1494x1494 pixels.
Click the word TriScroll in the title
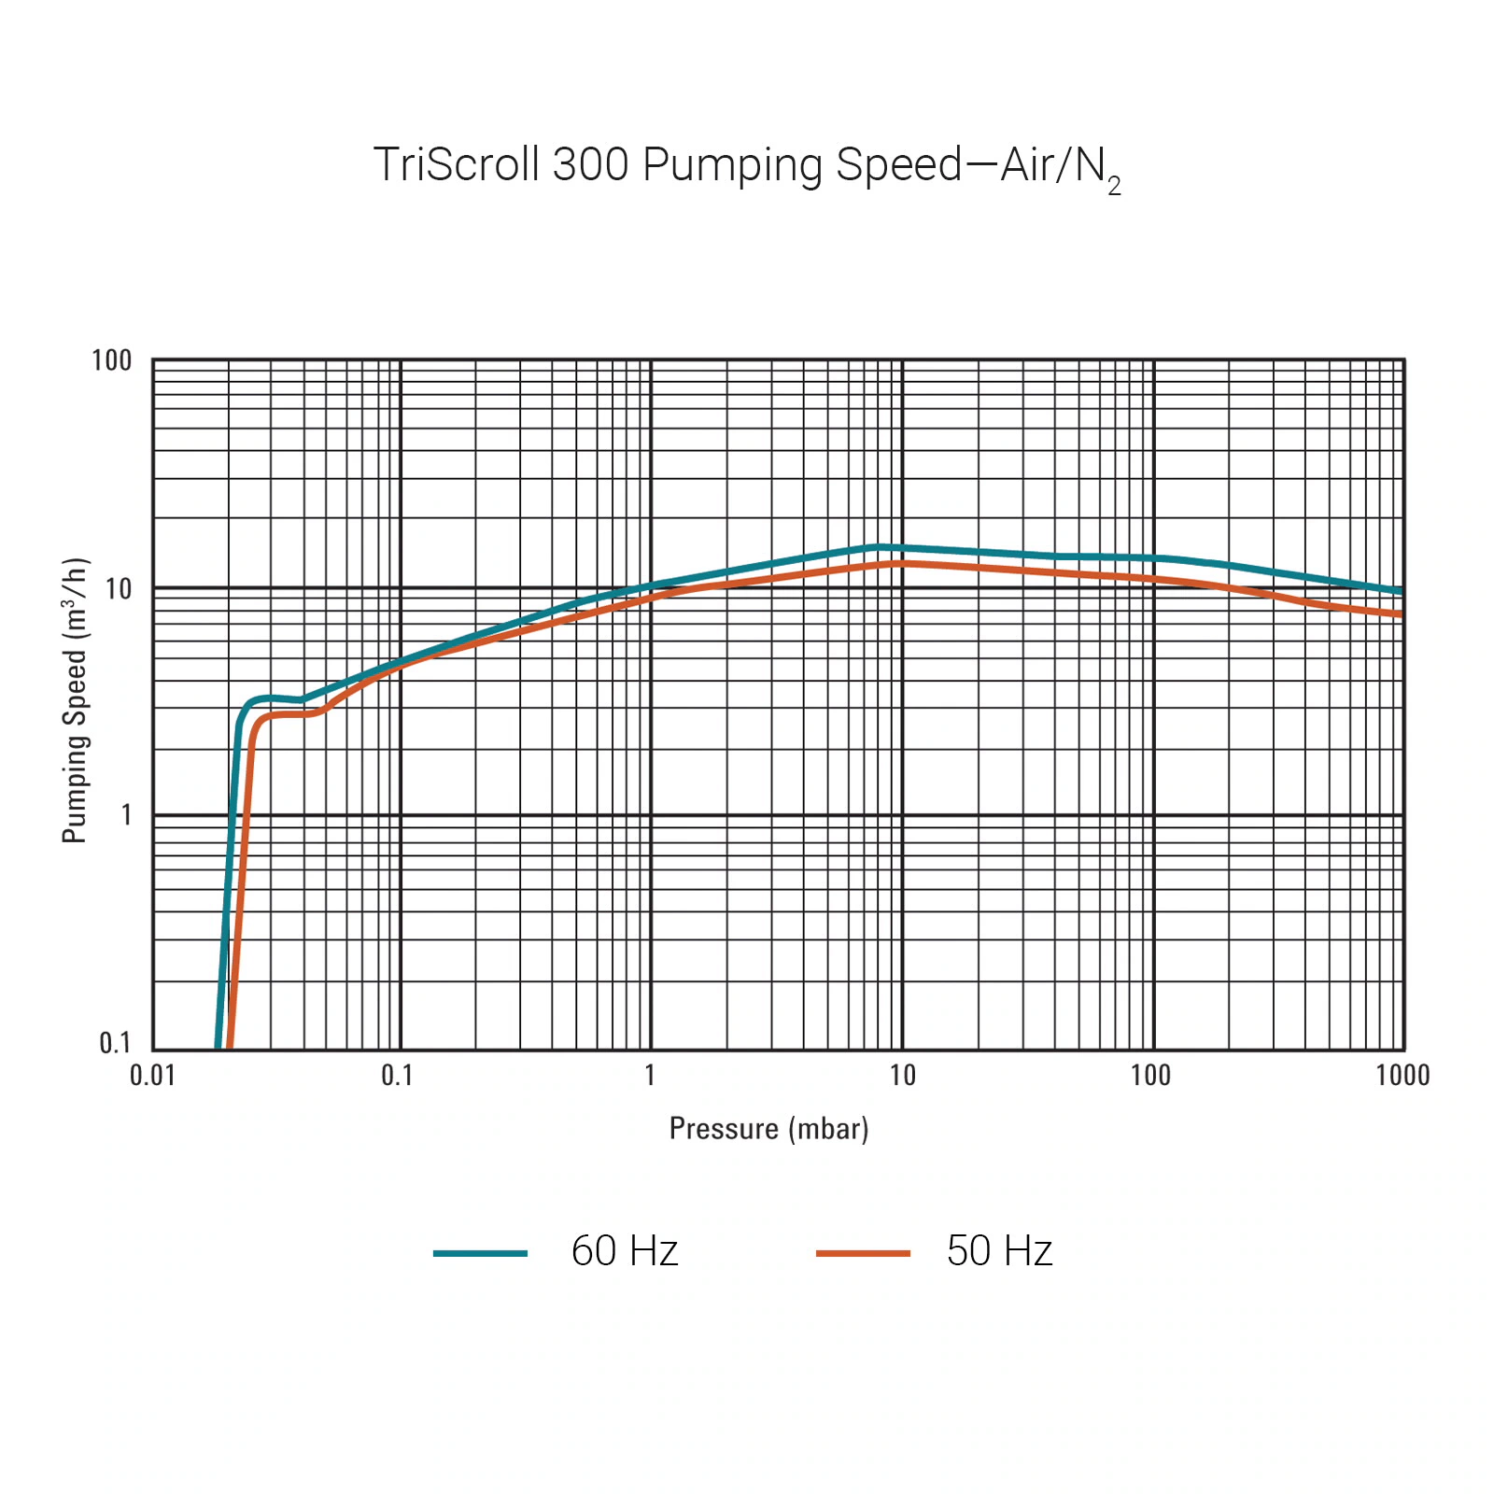[457, 165]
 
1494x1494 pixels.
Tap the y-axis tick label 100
[111, 361]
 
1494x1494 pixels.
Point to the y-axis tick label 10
[119, 589]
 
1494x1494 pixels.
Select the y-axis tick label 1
[126, 815]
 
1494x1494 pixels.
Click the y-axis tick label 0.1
[115, 1043]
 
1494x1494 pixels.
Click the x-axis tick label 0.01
[152, 1076]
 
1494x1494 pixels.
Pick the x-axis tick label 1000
[1402, 1076]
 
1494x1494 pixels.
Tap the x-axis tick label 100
[1150, 1076]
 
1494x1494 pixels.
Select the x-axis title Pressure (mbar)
[768, 1129]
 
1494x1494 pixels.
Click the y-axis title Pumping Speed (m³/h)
[76, 700]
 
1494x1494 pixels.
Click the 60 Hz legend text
[624, 1251]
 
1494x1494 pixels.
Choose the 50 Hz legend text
[999, 1251]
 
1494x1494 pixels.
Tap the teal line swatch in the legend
[480, 1253]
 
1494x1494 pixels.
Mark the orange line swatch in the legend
[863, 1253]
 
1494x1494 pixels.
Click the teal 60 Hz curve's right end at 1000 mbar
[1400, 591]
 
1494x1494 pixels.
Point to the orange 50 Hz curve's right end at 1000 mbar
[1400, 613]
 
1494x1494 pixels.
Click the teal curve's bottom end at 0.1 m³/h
[218, 1046]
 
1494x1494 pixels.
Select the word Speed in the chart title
[898, 165]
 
